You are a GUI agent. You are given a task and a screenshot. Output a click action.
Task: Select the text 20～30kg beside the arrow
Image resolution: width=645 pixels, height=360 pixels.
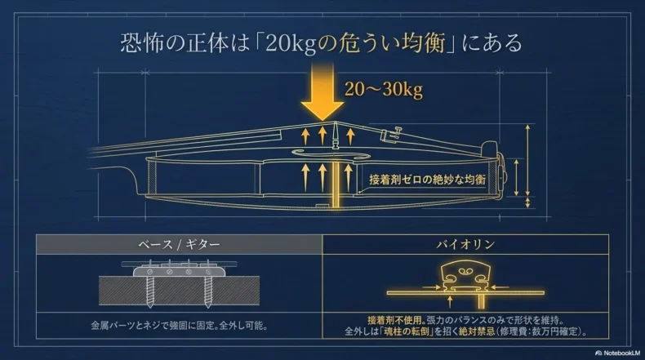point(383,90)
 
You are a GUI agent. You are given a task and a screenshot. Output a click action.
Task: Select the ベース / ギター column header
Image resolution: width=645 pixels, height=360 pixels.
point(179,244)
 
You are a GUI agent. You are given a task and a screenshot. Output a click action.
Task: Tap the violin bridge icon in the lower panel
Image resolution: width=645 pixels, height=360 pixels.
point(464,273)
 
